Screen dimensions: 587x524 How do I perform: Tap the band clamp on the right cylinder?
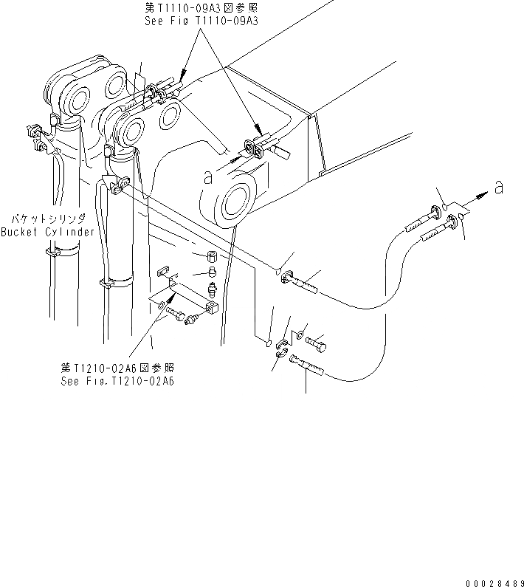point(118,281)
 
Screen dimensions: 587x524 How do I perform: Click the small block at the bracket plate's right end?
point(211,306)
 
